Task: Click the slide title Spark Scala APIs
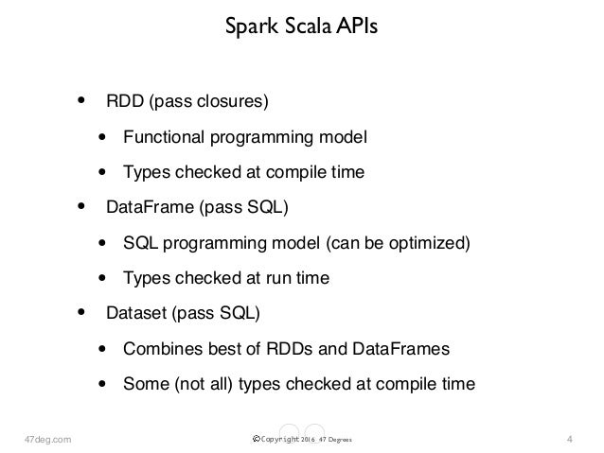301,26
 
